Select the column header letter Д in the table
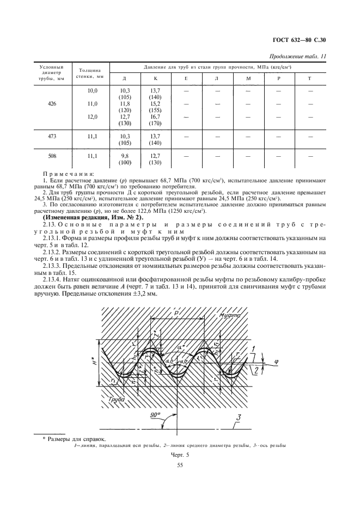(x=125, y=78)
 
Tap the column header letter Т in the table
(x=310, y=78)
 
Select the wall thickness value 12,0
(x=92, y=116)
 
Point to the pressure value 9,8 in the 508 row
(x=125, y=156)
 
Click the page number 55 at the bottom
(x=179, y=464)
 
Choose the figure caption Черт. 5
(x=179, y=454)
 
